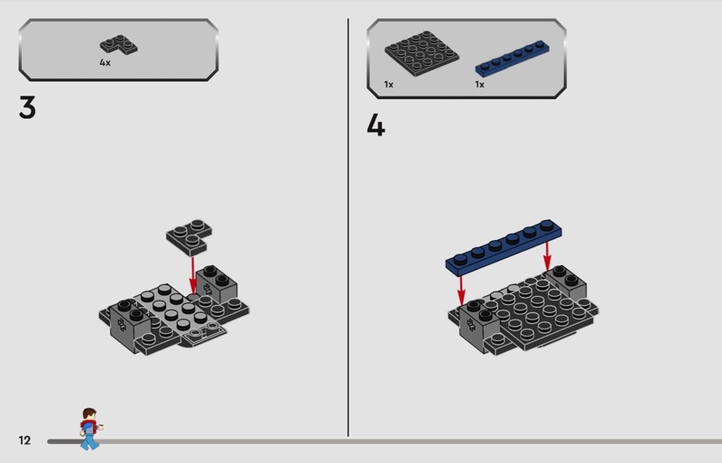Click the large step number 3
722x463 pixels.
27,107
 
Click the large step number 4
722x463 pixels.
375,125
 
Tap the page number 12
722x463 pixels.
24,440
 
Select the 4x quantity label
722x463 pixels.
105,62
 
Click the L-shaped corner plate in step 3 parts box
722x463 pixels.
119,45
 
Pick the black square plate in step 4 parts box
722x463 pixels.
421,53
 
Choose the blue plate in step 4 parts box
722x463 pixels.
512,58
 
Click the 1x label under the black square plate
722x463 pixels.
389,84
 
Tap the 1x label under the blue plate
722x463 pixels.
480,84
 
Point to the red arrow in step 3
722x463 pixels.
193,275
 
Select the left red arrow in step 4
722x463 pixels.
461,291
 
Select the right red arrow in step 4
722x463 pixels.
547,256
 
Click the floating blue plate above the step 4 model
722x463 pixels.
504,247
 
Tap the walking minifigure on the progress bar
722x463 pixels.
89,429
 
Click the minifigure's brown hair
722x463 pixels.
88,412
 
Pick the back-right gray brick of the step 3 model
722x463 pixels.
217,282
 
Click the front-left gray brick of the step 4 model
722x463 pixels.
478,325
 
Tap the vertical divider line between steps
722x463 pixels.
348,227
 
